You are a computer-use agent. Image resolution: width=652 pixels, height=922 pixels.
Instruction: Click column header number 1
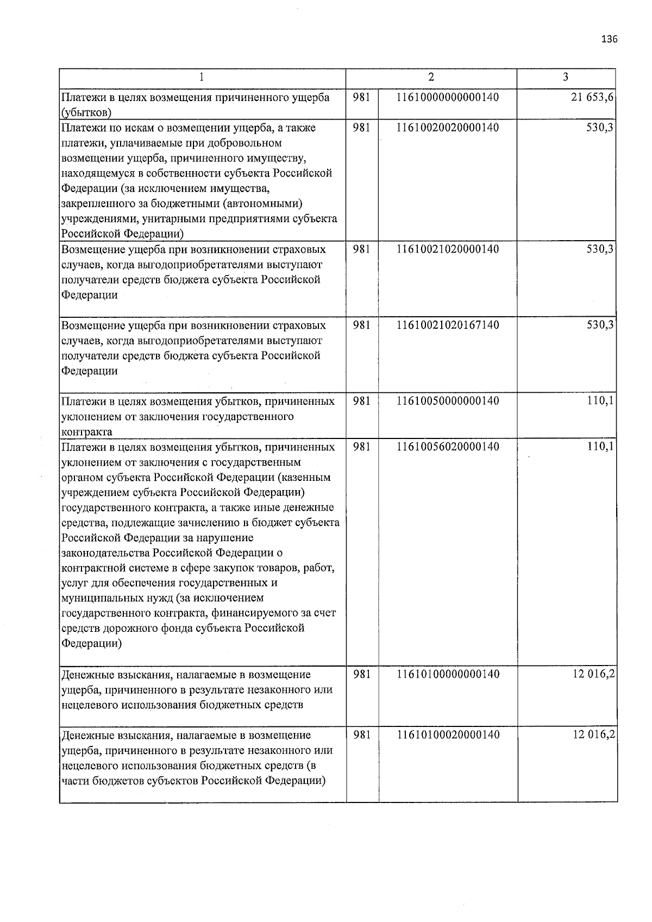[202, 77]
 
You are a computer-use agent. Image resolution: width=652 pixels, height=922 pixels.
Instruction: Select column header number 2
[431, 77]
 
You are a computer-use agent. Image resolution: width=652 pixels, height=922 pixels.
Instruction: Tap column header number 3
[566, 77]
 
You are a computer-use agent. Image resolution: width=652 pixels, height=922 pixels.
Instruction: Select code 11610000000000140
[448, 97]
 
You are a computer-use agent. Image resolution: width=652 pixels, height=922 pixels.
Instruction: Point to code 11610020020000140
[448, 128]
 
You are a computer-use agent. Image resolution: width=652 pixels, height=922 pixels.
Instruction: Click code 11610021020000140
[448, 249]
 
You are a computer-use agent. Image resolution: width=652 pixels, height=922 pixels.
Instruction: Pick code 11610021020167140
[448, 325]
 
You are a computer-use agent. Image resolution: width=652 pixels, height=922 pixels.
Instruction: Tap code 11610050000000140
[448, 401]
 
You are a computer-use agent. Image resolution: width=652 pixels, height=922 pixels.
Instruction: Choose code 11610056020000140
[448, 447]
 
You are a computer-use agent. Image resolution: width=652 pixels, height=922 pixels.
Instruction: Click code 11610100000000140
[448, 674]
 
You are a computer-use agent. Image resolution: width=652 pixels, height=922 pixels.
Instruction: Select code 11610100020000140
[448, 735]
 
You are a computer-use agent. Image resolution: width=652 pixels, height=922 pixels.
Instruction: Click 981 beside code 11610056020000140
[362, 447]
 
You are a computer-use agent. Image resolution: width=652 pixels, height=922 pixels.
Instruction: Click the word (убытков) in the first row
[87, 113]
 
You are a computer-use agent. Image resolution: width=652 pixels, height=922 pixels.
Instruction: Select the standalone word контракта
[87, 432]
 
